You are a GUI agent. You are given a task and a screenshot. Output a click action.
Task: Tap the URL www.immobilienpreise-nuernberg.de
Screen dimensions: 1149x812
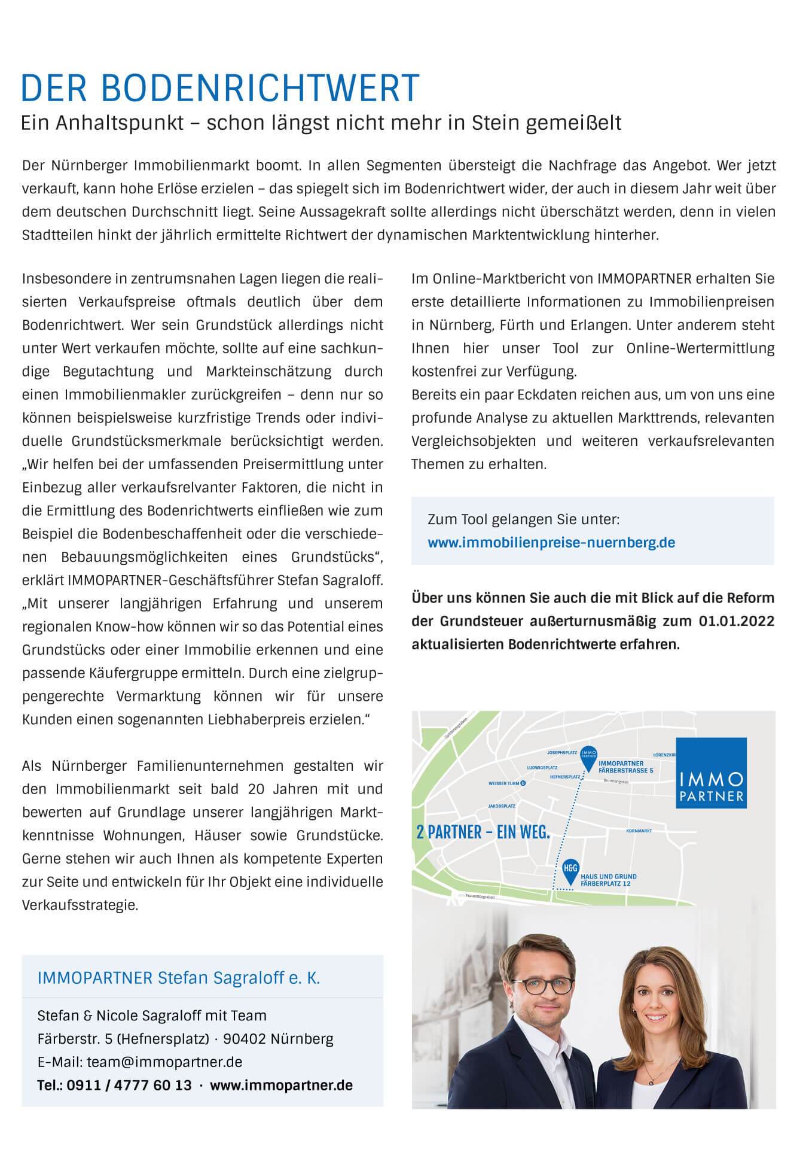click(x=551, y=543)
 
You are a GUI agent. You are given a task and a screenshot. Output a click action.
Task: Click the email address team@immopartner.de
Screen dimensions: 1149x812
click(x=164, y=1062)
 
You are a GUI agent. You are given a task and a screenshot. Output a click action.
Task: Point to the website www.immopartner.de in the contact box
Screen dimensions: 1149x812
click(x=281, y=1084)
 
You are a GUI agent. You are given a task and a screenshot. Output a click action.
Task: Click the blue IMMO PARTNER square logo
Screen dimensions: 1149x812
click(x=711, y=773)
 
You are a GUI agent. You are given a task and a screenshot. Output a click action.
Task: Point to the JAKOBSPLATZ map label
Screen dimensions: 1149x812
click(x=502, y=806)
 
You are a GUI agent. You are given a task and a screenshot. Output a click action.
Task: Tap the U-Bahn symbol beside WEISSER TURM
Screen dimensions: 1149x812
click(x=523, y=783)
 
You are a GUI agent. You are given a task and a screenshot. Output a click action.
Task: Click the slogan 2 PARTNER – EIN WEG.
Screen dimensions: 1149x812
click(x=483, y=832)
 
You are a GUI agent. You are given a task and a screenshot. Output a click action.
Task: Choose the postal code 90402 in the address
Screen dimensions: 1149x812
click(x=244, y=1038)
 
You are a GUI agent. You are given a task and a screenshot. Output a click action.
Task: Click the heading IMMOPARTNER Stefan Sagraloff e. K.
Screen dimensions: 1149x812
click(x=178, y=978)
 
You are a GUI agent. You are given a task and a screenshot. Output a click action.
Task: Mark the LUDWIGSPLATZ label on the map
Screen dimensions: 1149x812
click(x=542, y=767)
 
